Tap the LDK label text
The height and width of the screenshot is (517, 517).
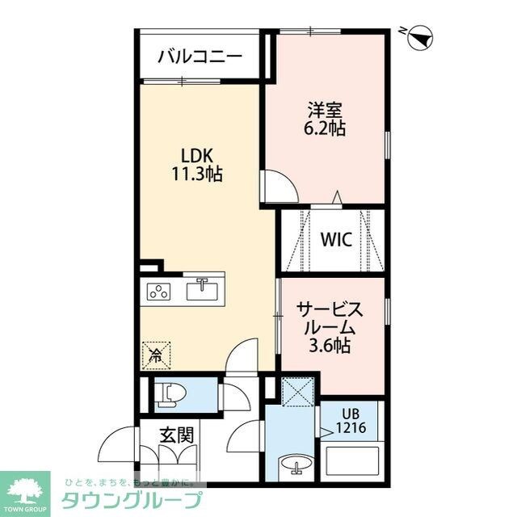click(195, 155)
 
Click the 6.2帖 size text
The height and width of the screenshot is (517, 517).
click(326, 128)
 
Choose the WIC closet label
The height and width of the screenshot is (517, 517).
click(334, 240)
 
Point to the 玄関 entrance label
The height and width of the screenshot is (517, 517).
click(175, 435)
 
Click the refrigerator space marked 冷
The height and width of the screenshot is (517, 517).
click(155, 354)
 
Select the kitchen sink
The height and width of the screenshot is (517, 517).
click(202, 288)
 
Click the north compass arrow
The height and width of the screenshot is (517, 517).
click(420, 36)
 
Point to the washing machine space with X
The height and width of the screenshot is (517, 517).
click(298, 394)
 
